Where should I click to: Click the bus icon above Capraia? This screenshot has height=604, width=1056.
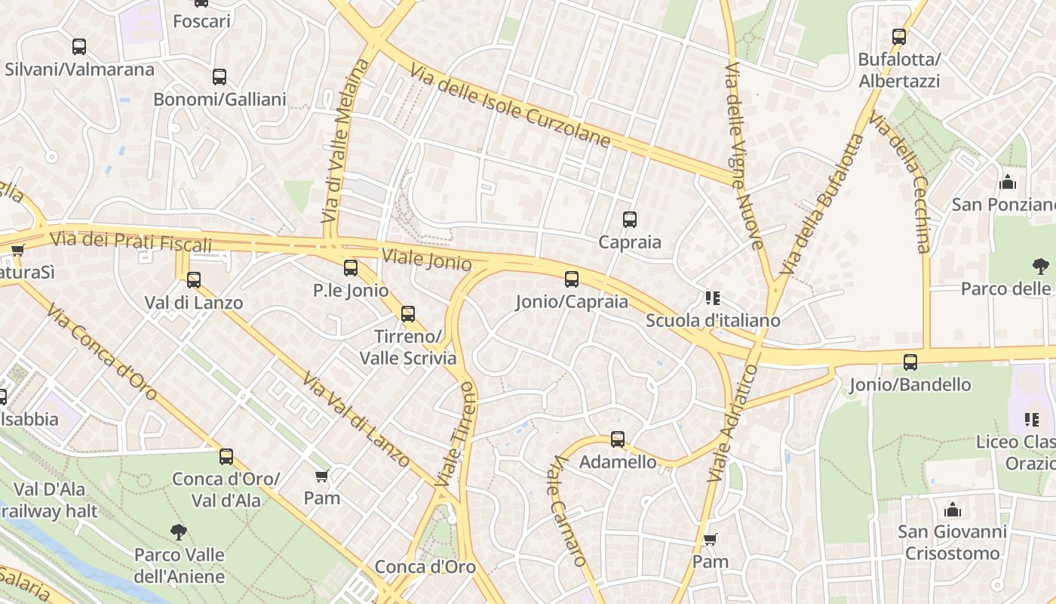point(630,220)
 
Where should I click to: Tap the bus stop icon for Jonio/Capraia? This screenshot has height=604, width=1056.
point(572,279)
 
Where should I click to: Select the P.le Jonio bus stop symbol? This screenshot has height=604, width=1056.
point(351,268)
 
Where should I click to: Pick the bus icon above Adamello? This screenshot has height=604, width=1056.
point(618,439)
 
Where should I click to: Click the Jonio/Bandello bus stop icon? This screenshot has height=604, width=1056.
point(910,362)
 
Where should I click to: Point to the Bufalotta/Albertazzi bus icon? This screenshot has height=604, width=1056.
point(899,36)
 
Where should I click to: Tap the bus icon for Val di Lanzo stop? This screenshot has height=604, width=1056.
point(194,280)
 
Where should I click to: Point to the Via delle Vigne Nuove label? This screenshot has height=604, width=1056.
point(744,156)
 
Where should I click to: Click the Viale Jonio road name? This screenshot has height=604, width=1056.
point(426,259)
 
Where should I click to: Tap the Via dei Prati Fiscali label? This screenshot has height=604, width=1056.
point(130,242)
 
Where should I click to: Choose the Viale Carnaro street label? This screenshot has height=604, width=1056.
point(566,510)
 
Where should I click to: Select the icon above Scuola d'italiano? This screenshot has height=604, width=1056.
point(713,298)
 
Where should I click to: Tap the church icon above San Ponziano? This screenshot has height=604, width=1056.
point(1007,183)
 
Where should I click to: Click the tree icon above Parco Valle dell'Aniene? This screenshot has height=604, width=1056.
point(179,532)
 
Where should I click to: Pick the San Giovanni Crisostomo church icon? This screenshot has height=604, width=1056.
point(953,510)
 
